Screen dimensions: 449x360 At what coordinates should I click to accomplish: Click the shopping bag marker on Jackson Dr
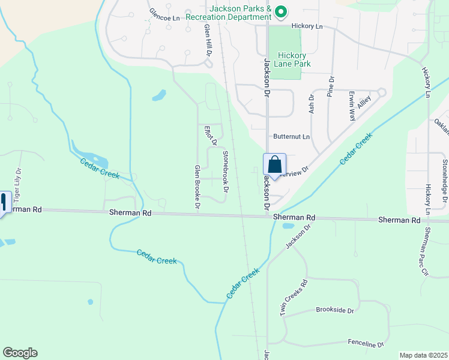coord(274,165)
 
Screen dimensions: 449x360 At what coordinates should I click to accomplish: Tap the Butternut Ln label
coord(291,137)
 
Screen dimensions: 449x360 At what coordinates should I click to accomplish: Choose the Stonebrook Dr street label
coord(226,171)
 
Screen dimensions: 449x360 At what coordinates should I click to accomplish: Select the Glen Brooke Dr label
coord(197,187)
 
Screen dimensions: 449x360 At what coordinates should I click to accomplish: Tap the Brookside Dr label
coord(335,310)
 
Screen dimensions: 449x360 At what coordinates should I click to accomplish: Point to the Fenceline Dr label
coord(366,344)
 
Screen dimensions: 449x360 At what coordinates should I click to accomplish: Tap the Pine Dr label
coord(330,86)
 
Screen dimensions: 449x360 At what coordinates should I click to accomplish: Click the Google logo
coord(20,353)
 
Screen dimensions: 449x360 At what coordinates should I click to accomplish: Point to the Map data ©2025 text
coord(423,355)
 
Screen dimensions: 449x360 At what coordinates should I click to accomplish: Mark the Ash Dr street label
coord(311,105)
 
